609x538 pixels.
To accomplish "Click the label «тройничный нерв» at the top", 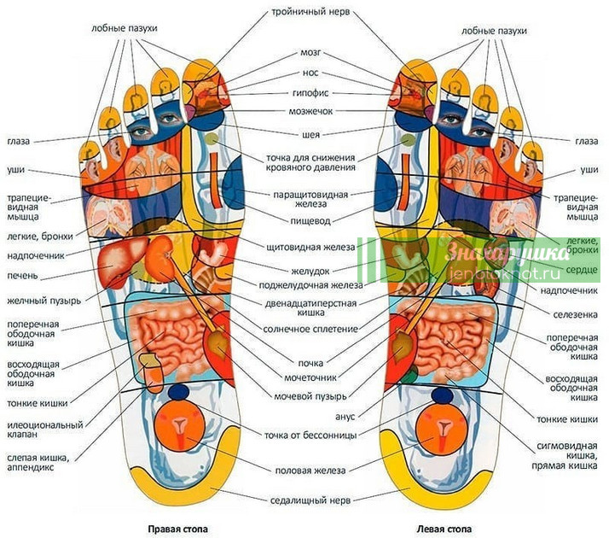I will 310,13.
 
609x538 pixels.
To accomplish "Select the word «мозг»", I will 310,53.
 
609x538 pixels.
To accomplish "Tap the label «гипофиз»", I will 310,92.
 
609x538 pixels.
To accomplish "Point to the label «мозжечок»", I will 310,112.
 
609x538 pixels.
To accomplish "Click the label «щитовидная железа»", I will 310,247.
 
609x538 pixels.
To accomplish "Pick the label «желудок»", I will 310,271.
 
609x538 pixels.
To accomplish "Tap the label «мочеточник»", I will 310,377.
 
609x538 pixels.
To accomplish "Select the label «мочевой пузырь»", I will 310,396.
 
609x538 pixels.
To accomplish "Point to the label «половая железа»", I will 310,471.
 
